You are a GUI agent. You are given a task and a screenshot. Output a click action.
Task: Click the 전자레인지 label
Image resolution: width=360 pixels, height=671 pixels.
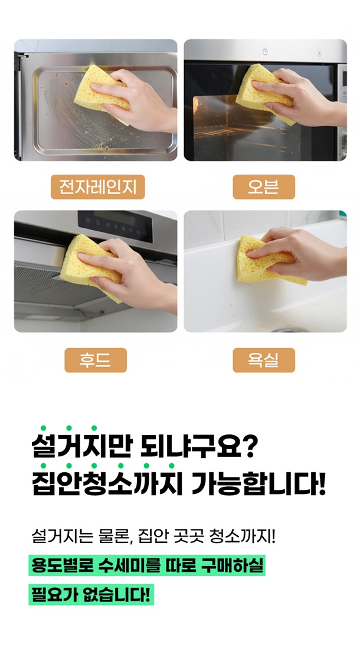pos(97,187)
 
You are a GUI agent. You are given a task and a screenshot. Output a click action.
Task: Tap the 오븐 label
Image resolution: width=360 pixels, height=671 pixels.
pos(264,187)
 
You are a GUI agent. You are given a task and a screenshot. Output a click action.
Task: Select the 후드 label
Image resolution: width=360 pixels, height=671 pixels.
pos(96,360)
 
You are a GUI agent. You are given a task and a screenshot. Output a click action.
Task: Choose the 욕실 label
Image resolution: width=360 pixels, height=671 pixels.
pos(264,360)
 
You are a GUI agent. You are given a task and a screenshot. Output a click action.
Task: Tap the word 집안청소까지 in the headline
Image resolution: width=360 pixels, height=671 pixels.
pos(108,485)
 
